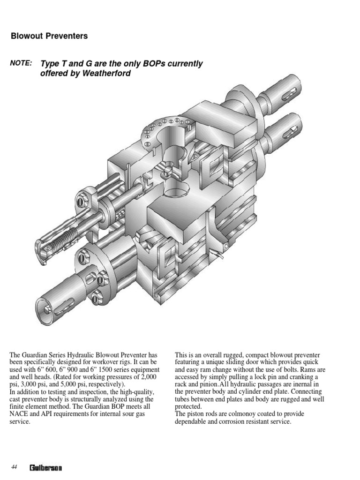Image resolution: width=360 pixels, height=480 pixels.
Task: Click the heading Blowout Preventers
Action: (x=49, y=36)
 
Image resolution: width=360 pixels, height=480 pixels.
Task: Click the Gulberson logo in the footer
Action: (x=46, y=467)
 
